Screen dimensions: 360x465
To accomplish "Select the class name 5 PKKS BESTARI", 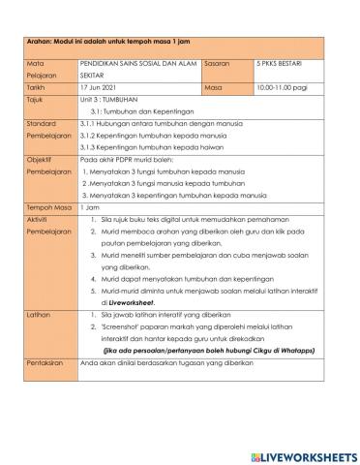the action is pos(270,61).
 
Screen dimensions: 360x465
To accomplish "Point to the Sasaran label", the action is pos(219,61).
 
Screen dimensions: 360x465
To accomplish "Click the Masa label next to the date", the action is pos(214,86).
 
